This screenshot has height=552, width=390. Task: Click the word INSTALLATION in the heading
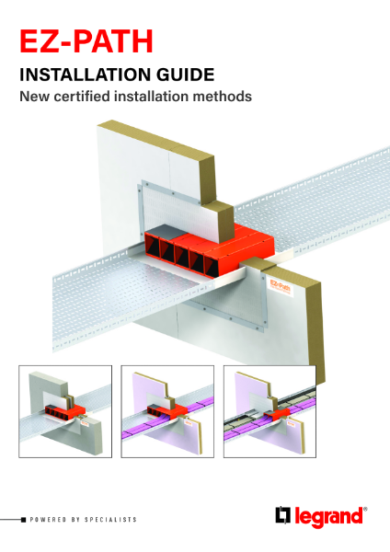(90, 76)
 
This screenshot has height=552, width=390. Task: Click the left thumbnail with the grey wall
(65, 409)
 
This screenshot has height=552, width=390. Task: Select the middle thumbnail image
(168, 409)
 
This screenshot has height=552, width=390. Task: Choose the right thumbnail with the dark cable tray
(270, 409)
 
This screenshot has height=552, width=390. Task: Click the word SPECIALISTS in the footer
(111, 520)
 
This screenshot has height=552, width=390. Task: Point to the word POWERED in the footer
(50, 520)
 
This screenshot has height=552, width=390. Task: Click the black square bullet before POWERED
(24, 520)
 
